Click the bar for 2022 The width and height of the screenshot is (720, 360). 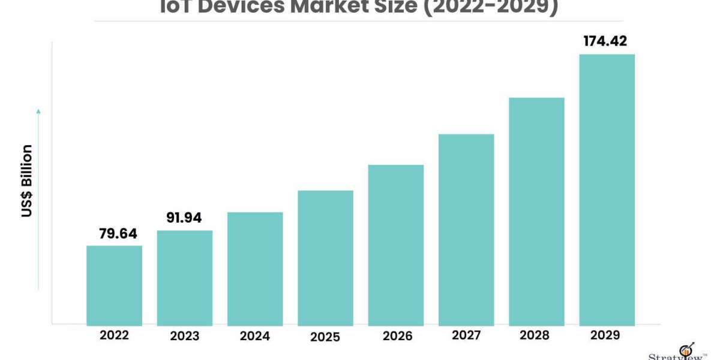pos(114,286)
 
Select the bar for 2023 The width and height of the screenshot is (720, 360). pos(185,278)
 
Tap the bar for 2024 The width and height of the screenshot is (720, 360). pos(255,269)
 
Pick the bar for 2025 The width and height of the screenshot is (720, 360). pos(325,258)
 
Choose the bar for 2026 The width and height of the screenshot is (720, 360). pos(396,245)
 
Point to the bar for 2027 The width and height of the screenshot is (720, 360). pos(466,230)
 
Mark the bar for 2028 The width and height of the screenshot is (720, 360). pos(536,211)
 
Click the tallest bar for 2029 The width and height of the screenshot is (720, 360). pos(607,190)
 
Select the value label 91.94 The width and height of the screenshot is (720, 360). pos(185,218)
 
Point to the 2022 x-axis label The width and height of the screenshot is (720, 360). pos(114,335)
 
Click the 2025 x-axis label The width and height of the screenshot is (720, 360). pos(325,337)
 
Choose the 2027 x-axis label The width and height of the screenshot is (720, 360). pos(466,335)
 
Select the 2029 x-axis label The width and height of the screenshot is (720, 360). pos(607,335)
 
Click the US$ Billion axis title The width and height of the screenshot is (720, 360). pos(27,181)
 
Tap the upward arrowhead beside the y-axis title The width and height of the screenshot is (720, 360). pos(38,111)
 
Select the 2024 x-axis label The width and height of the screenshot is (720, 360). pos(255,336)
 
